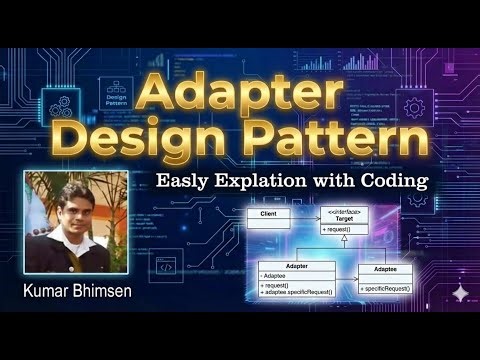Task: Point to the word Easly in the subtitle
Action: pos(180,182)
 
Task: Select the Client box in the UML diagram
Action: pos(269,215)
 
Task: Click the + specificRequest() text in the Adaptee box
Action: pos(385,288)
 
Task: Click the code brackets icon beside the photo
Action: pos(166,266)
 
